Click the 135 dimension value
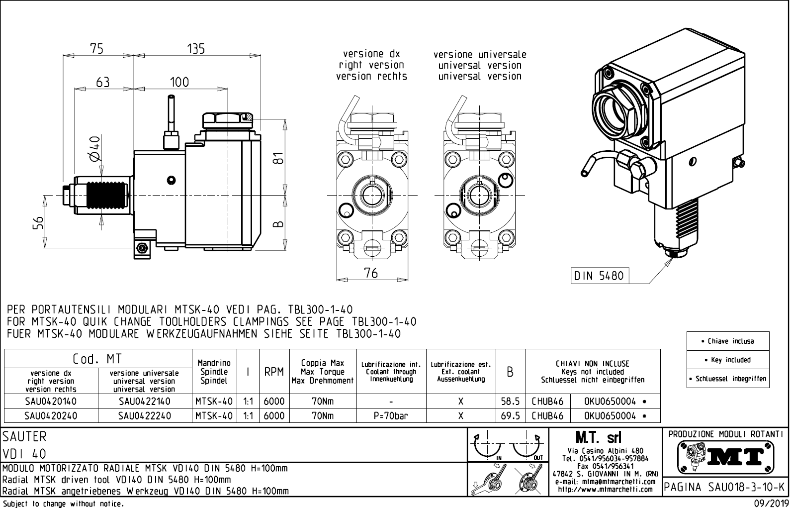click(x=196, y=49)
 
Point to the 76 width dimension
click(x=371, y=273)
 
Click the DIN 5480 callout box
click(x=599, y=276)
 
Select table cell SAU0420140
click(x=51, y=401)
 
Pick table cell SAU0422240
click(x=145, y=416)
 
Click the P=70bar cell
click(x=391, y=416)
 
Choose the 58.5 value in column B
click(x=510, y=401)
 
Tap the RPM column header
click(x=274, y=372)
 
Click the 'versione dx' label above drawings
click(x=371, y=54)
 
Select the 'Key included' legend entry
click(x=727, y=360)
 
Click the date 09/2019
click(x=771, y=503)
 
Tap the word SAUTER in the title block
click(x=24, y=436)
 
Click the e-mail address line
click(x=606, y=482)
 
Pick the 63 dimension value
click(x=103, y=82)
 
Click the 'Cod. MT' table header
click(x=97, y=359)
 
